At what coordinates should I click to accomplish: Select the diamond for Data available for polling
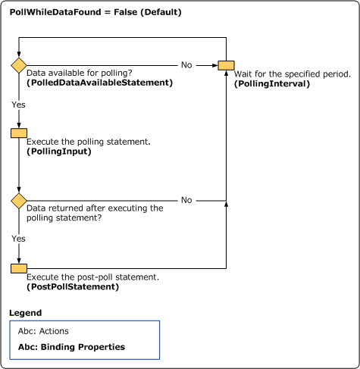click(19, 65)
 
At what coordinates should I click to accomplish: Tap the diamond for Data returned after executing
click(19, 201)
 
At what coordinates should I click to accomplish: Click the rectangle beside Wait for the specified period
click(226, 65)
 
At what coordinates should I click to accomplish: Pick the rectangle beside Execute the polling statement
click(19, 133)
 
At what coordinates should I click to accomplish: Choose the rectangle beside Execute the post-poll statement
click(19, 268)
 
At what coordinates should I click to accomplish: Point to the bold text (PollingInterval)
click(272, 83)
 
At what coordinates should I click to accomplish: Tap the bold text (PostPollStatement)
click(73, 287)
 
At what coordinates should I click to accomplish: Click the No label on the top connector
click(186, 64)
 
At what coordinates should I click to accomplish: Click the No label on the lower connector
click(186, 200)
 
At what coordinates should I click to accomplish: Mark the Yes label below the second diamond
click(18, 237)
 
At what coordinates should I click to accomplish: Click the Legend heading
click(25, 312)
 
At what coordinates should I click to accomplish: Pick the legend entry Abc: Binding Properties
click(71, 347)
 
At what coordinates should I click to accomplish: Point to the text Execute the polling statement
click(89, 142)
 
